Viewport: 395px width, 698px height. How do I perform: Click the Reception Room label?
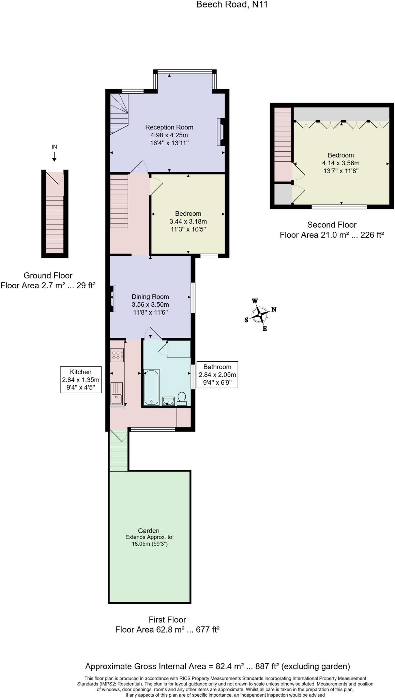[x=169, y=127]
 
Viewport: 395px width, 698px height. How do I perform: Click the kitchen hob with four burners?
[x=117, y=355]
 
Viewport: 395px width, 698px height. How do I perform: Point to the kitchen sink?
[x=117, y=393]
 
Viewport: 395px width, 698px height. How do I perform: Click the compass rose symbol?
[x=260, y=315]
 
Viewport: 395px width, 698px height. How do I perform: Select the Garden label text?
[x=149, y=531]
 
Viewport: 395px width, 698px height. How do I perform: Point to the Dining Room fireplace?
[x=112, y=299]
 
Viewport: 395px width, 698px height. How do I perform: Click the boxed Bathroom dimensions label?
[x=217, y=375]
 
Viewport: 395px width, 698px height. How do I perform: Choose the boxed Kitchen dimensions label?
[x=81, y=379]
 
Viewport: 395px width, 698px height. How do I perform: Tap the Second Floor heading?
[x=332, y=225]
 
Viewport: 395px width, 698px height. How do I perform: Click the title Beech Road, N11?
[x=232, y=5]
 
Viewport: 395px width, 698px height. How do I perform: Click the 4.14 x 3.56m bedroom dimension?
[x=341, y=163]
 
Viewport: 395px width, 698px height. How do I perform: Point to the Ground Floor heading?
[x=48, y=275]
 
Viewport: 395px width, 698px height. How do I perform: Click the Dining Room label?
[x=150, y=297]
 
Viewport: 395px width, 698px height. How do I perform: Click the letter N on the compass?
[x=274, y=309]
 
